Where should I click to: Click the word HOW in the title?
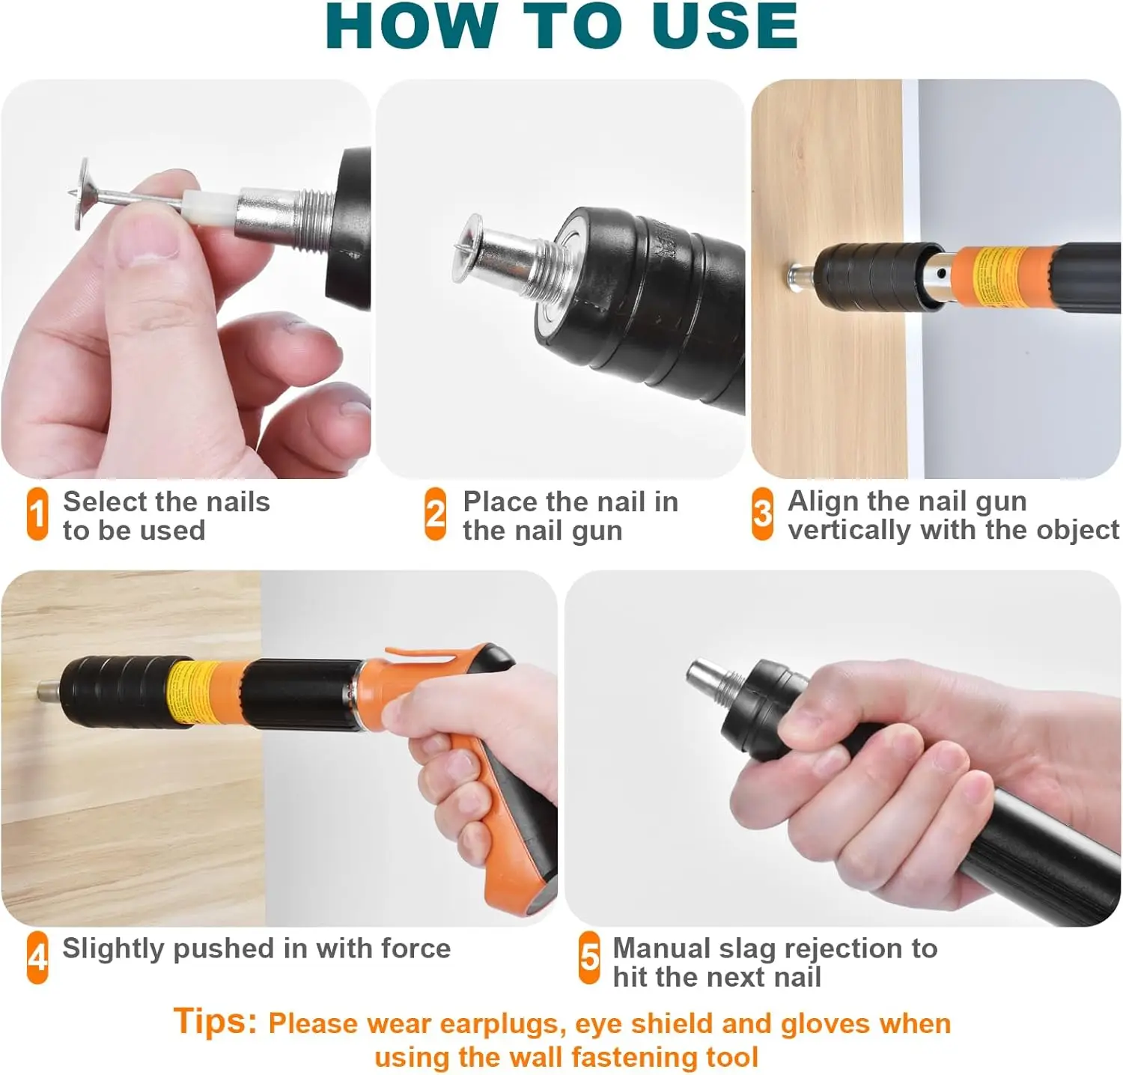click(411, 26)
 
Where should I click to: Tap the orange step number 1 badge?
click(37, 514)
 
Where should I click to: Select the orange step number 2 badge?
click(436, 514)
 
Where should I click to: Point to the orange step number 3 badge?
click(762, 514)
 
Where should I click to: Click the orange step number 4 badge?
click(37, 957)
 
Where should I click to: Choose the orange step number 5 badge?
click(590, 957)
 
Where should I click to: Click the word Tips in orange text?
click(216, 1021)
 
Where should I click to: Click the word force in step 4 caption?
click(416, 948)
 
